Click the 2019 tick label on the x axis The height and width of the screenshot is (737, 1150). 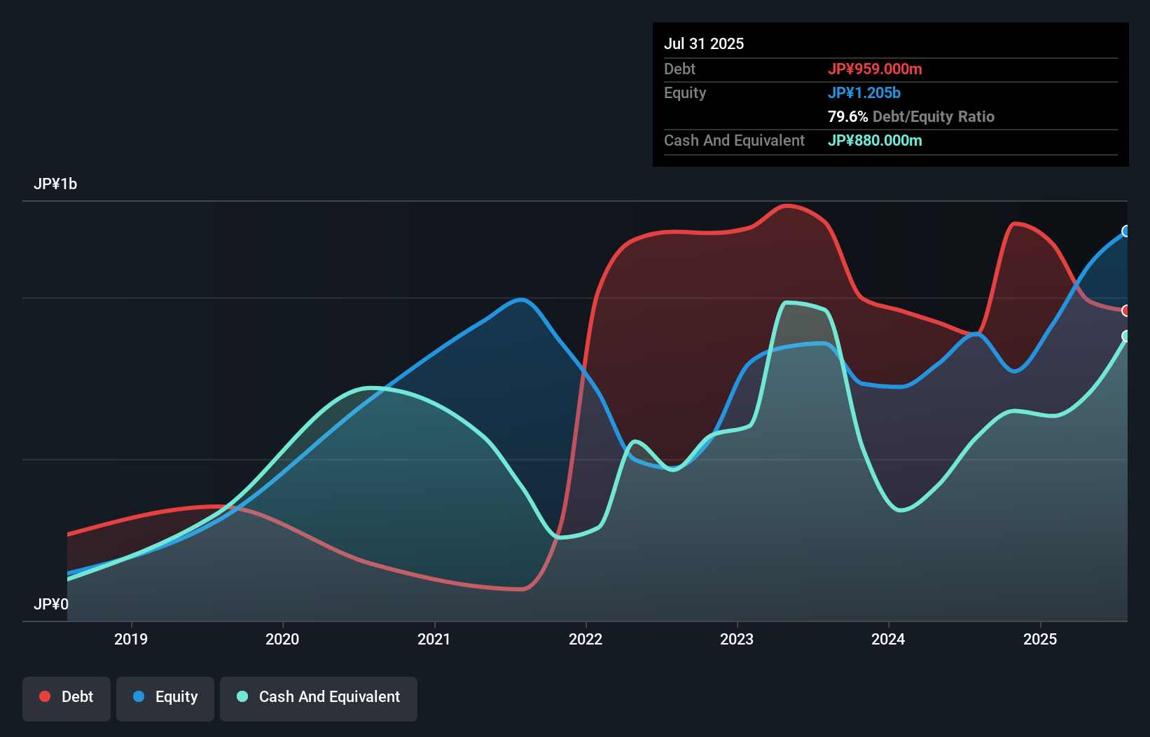tap(131, 639)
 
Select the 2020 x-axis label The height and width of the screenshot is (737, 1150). tap(282, 639)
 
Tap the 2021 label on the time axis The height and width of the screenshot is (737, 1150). tap(434, 639)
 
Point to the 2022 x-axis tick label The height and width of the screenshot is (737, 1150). tap(586, 639)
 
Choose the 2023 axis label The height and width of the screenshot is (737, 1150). tap(737, 639)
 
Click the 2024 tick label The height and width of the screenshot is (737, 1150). tap(888, 639)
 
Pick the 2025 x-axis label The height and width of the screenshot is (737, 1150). tap(1040, 639)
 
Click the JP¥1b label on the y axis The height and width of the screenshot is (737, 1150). tap(55, 184)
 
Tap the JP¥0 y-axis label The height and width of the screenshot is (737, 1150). tap(51, 604)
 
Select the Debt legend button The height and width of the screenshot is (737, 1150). tap(67, 697)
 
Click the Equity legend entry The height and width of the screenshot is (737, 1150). tap(165, 697)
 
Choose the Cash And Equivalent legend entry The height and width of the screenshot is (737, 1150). tap(319, 697)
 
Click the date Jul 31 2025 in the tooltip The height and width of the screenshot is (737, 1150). tap(704, 43)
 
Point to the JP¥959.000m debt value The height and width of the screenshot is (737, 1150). tap(875, 69)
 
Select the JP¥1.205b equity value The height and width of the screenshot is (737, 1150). tap(864, 92)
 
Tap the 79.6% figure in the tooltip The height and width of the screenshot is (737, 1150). tap(847, 116)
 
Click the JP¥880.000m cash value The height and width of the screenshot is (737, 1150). tap(875, 140)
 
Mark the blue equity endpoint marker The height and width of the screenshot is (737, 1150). tap(1126, 231)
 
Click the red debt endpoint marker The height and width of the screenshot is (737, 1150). tap(1126, 310)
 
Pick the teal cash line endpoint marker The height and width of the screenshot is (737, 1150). tap(1126, 336)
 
